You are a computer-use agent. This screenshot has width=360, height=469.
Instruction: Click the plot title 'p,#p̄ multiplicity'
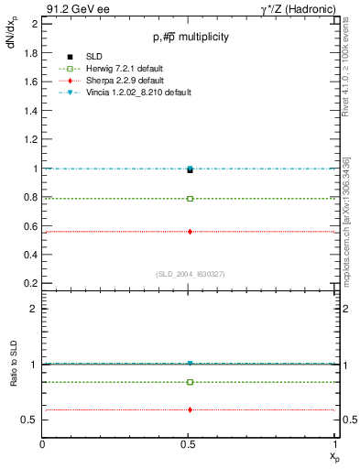190,37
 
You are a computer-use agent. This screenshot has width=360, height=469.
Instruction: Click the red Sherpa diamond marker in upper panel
190,232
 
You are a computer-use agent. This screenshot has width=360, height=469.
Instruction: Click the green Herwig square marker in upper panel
190,198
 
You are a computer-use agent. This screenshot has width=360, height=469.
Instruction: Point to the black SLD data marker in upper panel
190,169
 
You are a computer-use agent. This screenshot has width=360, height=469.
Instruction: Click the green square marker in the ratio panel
190,382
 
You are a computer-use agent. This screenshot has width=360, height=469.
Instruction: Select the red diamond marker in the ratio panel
190,409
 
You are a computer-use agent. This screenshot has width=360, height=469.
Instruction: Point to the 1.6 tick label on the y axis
31,82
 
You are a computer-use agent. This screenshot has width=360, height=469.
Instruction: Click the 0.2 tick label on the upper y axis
31,284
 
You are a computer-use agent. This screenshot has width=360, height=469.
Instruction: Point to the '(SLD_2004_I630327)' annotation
190,274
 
